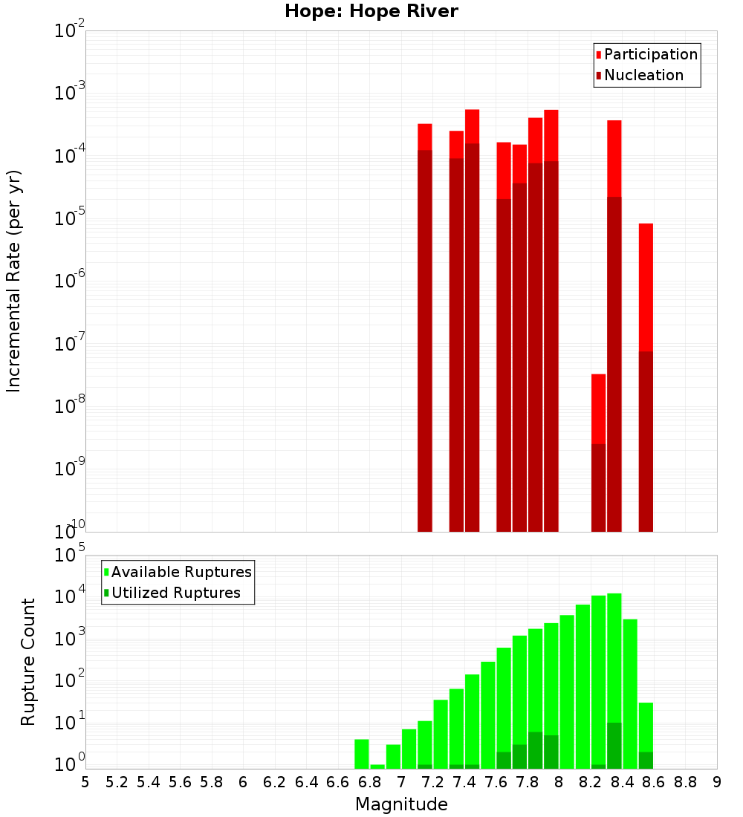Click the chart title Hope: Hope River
[371, 11]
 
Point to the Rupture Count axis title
[28, 662]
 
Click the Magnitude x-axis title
[401, 804]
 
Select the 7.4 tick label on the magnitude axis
[464, 782]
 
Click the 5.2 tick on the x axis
[117, 782]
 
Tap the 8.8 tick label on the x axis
[685, 782]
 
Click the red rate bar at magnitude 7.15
[425, 327]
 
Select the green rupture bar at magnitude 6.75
[362, 754]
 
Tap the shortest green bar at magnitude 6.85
[377, 766]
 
